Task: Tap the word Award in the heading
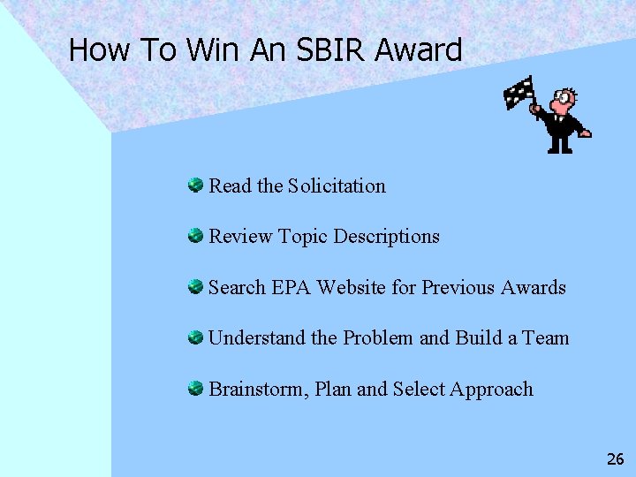418,50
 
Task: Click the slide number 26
615,458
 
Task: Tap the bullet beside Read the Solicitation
195,185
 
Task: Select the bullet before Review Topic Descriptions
195,236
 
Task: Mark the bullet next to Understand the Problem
195,337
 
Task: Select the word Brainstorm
253,389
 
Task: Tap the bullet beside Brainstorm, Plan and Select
195,388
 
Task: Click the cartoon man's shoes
560,149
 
